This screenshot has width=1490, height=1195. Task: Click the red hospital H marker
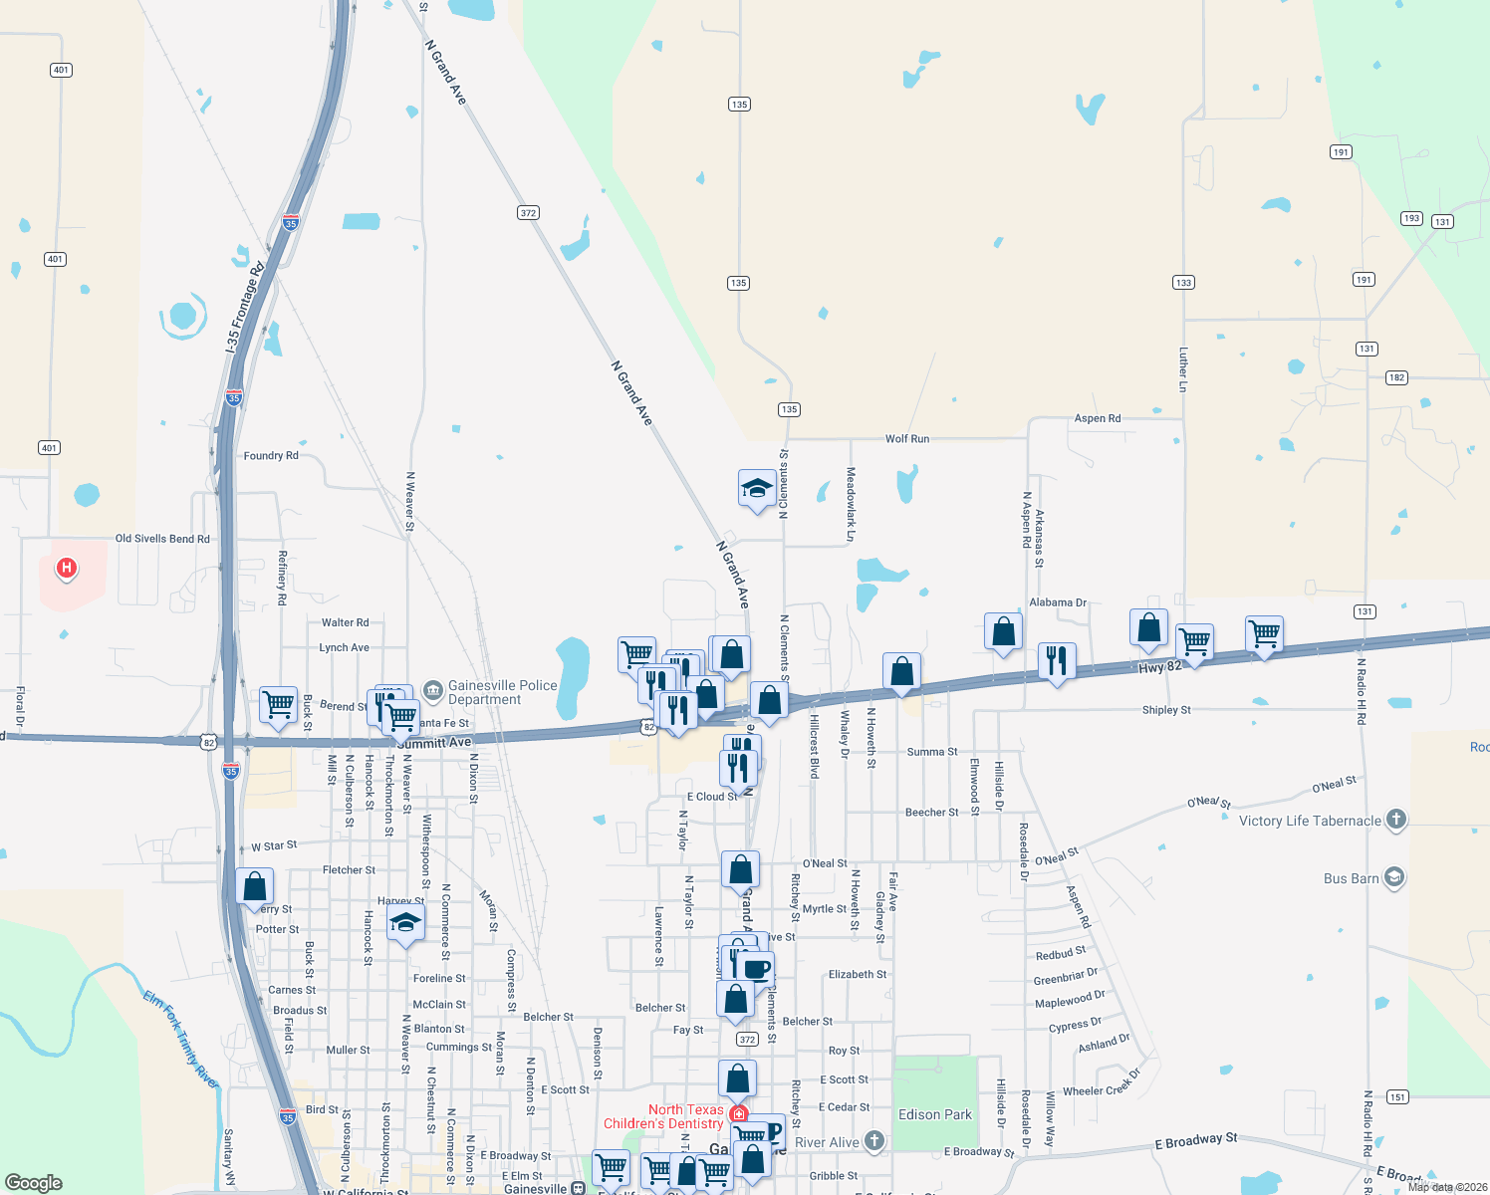tap(67, 568)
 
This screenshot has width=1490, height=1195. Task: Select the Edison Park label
tap(934, 1114)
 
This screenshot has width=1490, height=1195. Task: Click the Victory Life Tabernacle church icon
tap(1395, 820)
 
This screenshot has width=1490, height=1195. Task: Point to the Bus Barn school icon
tap(1394, 877)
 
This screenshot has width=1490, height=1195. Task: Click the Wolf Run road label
tap(906, 438)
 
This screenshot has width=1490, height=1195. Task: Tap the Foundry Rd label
tap(271, 455)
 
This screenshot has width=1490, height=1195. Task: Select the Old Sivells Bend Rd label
tap(162, 539)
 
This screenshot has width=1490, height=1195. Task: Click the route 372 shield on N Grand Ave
tap(528, 212)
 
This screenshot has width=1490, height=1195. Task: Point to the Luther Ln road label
tap(1183, 368)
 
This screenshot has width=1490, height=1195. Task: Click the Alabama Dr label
tap(1058, 602)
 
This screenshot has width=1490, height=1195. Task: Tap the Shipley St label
tap(1166, 710)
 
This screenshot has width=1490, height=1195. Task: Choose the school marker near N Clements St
tap(757, 489)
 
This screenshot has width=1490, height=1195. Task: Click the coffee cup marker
tap(757, 968)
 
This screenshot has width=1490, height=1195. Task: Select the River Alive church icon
tap(874, 1141)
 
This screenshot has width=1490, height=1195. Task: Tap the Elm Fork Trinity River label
tap(180, 1039)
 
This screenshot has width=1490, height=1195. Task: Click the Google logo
tap(34, 1182)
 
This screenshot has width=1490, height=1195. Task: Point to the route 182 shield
tap(1396, 377)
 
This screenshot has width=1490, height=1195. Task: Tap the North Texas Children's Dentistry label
tap(664, 1116)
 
